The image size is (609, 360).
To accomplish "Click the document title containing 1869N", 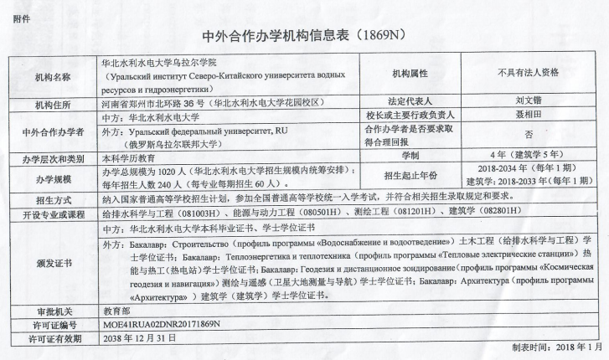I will pyautogui.click(x=304, y=37).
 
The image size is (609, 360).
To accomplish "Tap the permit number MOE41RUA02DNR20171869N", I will pyautogui.click(x=160, y=323).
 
